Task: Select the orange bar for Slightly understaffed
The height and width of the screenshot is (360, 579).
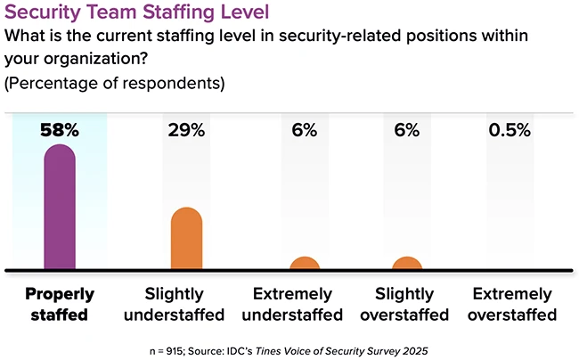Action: pos(187,239)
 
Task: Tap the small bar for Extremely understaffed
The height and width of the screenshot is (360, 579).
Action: pos(305,265)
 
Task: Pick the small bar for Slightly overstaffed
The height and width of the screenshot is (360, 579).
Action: pos(406,265)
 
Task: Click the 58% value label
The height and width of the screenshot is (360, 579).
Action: pos(60,130)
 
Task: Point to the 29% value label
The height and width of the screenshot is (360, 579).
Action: pos(187,130)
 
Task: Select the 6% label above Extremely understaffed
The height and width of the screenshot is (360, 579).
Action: pos(305,130)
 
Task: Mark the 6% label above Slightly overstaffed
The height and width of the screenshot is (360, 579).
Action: pos(406,130)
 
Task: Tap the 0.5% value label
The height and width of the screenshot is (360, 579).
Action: pos(510,130)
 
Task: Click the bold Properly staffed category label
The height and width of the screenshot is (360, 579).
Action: pos(60,304)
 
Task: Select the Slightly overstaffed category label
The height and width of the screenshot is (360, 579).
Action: pos(406,304)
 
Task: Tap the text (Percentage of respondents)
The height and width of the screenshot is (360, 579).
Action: pos(115,84)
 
